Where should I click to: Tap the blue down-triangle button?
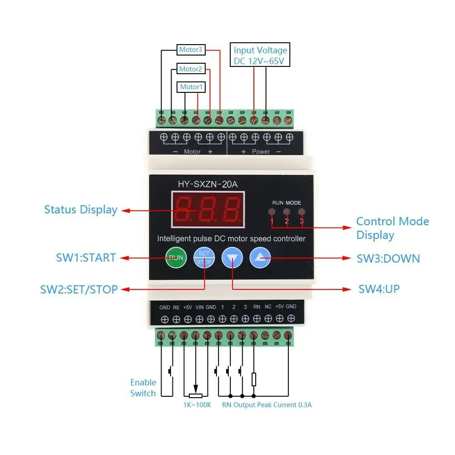pos(233,258)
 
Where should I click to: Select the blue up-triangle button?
pos(260,258)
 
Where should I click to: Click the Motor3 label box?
pos(191,49)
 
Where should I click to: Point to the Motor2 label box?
pos(191,69)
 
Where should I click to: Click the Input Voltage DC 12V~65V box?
pos(260,56)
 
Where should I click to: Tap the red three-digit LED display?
pos(207,209)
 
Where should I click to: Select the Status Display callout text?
pos(81,210)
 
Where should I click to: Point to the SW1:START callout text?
pos(86,258)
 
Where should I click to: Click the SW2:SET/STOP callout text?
pos(79,289)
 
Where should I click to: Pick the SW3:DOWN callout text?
pos(388,258)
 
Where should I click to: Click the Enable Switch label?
pos(143,388)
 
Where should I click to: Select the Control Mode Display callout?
pos(392,228)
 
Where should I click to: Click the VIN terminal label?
pos(199,308)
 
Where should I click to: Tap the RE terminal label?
pos(176,308)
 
